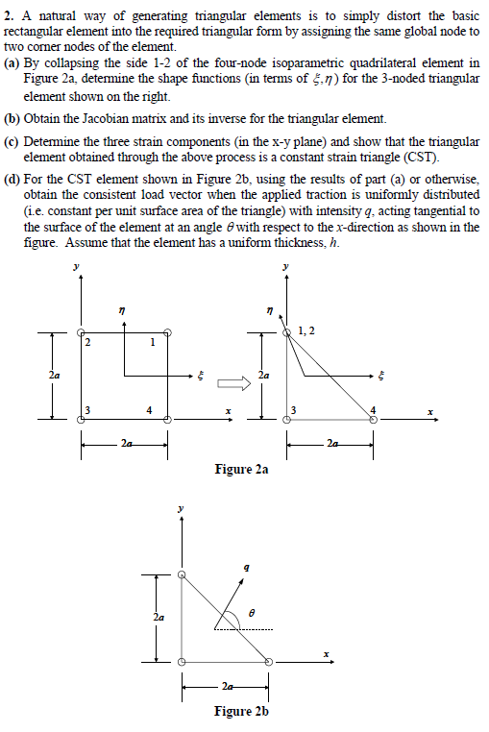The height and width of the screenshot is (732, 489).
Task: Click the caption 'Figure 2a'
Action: click(241, 470)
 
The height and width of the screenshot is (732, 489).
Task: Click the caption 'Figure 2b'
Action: click(241, 712)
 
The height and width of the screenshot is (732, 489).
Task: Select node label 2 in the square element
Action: click(87, 344)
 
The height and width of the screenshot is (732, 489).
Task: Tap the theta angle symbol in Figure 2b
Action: click(253, 611)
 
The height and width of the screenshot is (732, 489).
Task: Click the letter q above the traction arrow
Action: click(248, 569)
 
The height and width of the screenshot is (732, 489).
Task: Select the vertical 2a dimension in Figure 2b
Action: click(158, 619)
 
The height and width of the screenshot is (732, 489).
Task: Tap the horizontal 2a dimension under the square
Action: click(125, 444)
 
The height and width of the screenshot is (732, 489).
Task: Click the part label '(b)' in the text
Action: click(12, 119)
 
